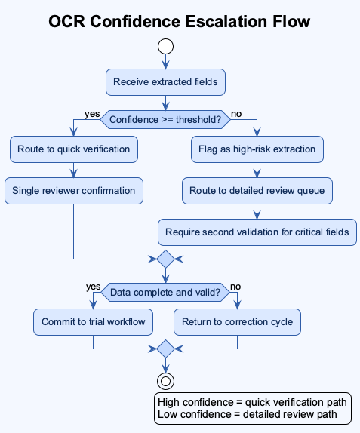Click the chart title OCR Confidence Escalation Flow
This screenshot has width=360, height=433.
click(x=180, y=21)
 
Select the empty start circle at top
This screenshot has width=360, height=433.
click(x=165, y=47)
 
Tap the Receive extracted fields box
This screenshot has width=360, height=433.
click(x=165, y=82)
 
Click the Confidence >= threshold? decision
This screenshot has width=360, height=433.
click(x=165, y=119)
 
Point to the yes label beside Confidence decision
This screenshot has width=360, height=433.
click(x=92, y=114)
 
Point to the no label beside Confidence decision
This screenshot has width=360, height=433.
click(x=236, y=114)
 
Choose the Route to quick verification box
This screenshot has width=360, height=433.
click(x=73, y=149)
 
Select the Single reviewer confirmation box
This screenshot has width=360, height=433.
click(x=73, y=190)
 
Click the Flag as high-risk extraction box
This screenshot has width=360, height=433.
click(x=257, y=149)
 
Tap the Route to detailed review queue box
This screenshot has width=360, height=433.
click(x=257, y=190)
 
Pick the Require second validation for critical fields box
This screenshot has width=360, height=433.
click(x=257, y=232)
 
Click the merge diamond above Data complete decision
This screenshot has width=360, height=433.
click(x=165, y=259)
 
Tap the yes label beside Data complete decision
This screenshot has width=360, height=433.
click(x=94, y=287)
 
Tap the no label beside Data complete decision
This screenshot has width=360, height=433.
click(x=236, y=287)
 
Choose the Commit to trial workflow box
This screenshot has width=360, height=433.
click(x=93, y=322)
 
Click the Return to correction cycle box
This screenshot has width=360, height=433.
click(x=238, y=322)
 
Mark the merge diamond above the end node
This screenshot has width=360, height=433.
click(x=165, y=349)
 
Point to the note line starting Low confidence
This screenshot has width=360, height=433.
click(x=253, y=415)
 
